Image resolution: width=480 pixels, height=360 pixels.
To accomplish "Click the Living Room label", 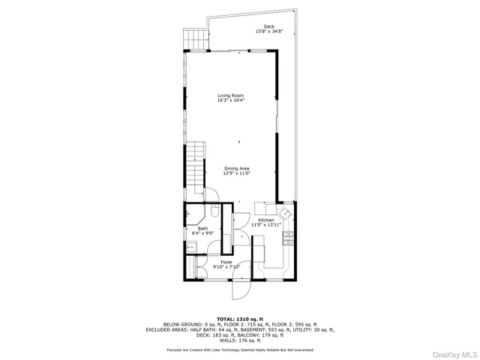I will click(x=231, y=95).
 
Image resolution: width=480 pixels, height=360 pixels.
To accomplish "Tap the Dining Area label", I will click(x=236, y=168).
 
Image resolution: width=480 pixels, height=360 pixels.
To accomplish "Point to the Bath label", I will click(x=202, y=228).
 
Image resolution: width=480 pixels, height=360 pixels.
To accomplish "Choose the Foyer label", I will click(x=226, y=262).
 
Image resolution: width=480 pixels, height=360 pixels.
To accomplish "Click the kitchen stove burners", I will click(x=287, y=239).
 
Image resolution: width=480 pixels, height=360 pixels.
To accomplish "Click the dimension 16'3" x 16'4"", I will click(x=231, y=100).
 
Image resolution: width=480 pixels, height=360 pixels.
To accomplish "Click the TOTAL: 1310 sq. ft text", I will click(x=239, y=319).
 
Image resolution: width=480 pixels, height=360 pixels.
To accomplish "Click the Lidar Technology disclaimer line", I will click(x=239, y=350).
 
